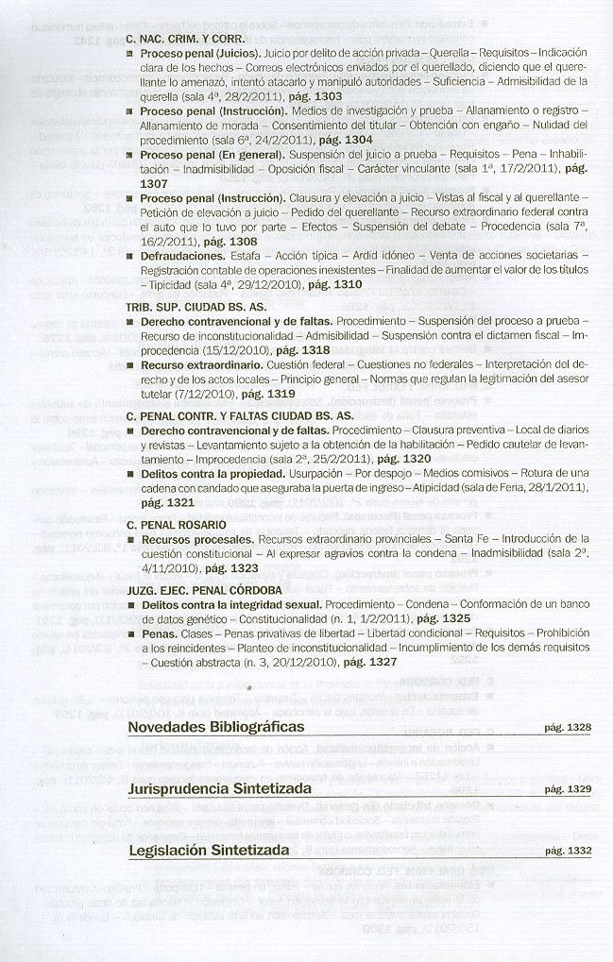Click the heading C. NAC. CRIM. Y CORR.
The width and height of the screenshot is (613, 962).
(184, 40)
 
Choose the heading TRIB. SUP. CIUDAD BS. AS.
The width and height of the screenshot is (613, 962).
(196, 308)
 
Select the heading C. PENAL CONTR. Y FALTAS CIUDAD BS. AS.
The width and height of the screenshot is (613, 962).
(240, 415)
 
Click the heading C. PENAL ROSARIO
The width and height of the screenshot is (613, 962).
(176, 524)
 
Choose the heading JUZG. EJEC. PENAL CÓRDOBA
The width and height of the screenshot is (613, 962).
(204, 590)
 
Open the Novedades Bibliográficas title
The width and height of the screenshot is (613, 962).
(216, 727)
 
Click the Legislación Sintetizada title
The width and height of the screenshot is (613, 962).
(209, 851)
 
